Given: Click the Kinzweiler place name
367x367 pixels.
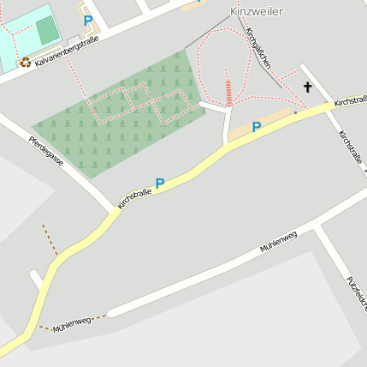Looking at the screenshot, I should [x=257, y=11].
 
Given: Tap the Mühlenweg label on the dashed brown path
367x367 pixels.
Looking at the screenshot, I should [x=72, y=324].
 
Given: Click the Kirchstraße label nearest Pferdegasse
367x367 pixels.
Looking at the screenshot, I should [x=134, y=199].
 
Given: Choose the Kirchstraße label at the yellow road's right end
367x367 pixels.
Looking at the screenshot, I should [x=350, y=100].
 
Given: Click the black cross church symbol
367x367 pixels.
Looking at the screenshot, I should [x=307, y=87].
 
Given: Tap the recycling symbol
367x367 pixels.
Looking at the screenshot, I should [x=26, y=62].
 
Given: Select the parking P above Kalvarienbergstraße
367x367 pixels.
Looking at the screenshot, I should [x=87, y=20].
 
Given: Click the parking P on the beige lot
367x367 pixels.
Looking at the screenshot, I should [x=257, y=126].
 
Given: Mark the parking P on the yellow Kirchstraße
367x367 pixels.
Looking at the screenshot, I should [x=159, y=183].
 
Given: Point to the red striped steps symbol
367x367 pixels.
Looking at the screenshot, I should [x=228, y=91].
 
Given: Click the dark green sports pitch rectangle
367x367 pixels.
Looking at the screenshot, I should [x=48, y=31].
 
